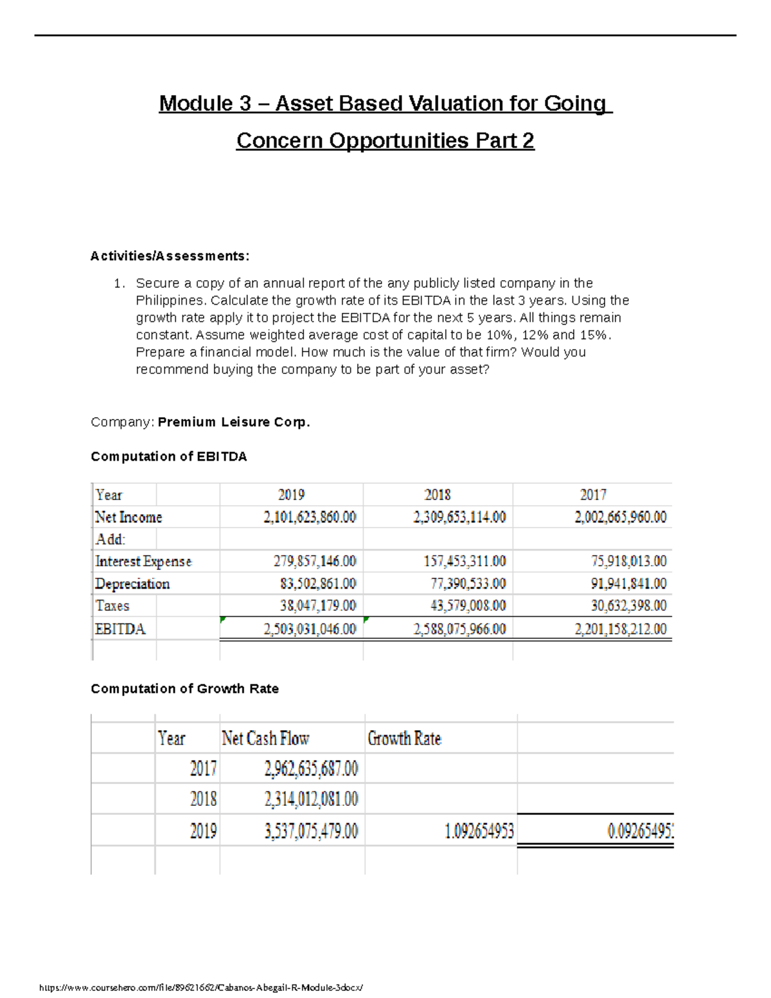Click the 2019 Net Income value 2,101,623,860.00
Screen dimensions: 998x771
310,517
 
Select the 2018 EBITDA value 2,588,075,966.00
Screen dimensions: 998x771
459,628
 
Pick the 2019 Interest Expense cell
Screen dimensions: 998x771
314,561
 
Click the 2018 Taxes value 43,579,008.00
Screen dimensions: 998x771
468,605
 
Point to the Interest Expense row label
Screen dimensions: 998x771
143,561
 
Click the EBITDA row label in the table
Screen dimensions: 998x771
120,628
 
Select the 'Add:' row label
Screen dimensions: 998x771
111,539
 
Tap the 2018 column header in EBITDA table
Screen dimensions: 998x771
438,495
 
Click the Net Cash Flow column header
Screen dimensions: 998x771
265,738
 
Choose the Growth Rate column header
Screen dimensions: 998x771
404,738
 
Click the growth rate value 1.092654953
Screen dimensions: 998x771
479,832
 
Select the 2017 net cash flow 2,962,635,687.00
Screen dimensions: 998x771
311,769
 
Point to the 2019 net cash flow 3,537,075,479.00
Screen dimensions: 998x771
311,832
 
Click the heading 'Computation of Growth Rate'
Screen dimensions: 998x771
184,688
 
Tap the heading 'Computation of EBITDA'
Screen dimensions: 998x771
168,456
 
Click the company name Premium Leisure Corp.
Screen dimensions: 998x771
234,422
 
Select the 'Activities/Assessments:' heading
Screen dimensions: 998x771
170,256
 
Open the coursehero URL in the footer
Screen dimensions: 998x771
201,988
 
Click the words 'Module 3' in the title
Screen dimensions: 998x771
204,103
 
